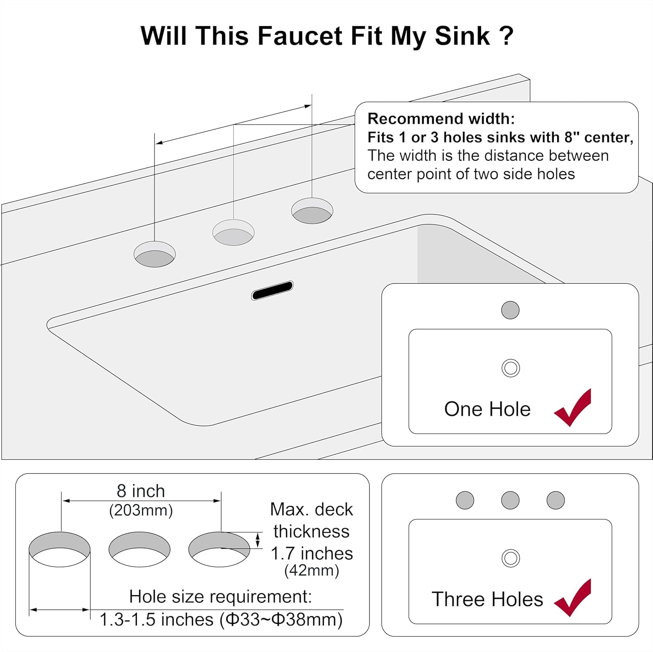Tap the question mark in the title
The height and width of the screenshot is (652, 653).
[506, 36]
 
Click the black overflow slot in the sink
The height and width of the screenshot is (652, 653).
[272, 291]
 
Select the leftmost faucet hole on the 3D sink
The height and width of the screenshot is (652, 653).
[155, 254]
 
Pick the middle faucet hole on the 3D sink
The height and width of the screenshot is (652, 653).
[233, 232]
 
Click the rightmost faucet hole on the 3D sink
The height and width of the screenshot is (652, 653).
[312, 211]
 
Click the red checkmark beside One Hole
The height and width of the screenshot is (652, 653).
[573, 408]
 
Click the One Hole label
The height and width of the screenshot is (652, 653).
[487, 409]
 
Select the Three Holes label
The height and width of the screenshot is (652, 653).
[487, 599]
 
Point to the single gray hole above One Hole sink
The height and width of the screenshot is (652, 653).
[510, 310]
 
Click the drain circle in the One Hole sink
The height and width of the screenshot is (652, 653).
[511, 368]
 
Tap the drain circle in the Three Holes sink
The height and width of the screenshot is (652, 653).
[511, 558]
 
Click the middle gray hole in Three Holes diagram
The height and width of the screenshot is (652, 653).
[510, 500]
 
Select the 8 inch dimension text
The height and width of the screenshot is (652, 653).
[141, 491]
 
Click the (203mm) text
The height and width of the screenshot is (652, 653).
[141, 510]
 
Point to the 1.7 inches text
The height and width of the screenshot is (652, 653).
[312, 554]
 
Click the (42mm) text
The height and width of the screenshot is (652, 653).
[312, 570]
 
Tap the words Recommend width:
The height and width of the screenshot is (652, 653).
[441, 119]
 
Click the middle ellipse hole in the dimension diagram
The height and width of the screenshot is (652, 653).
[139, 549]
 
